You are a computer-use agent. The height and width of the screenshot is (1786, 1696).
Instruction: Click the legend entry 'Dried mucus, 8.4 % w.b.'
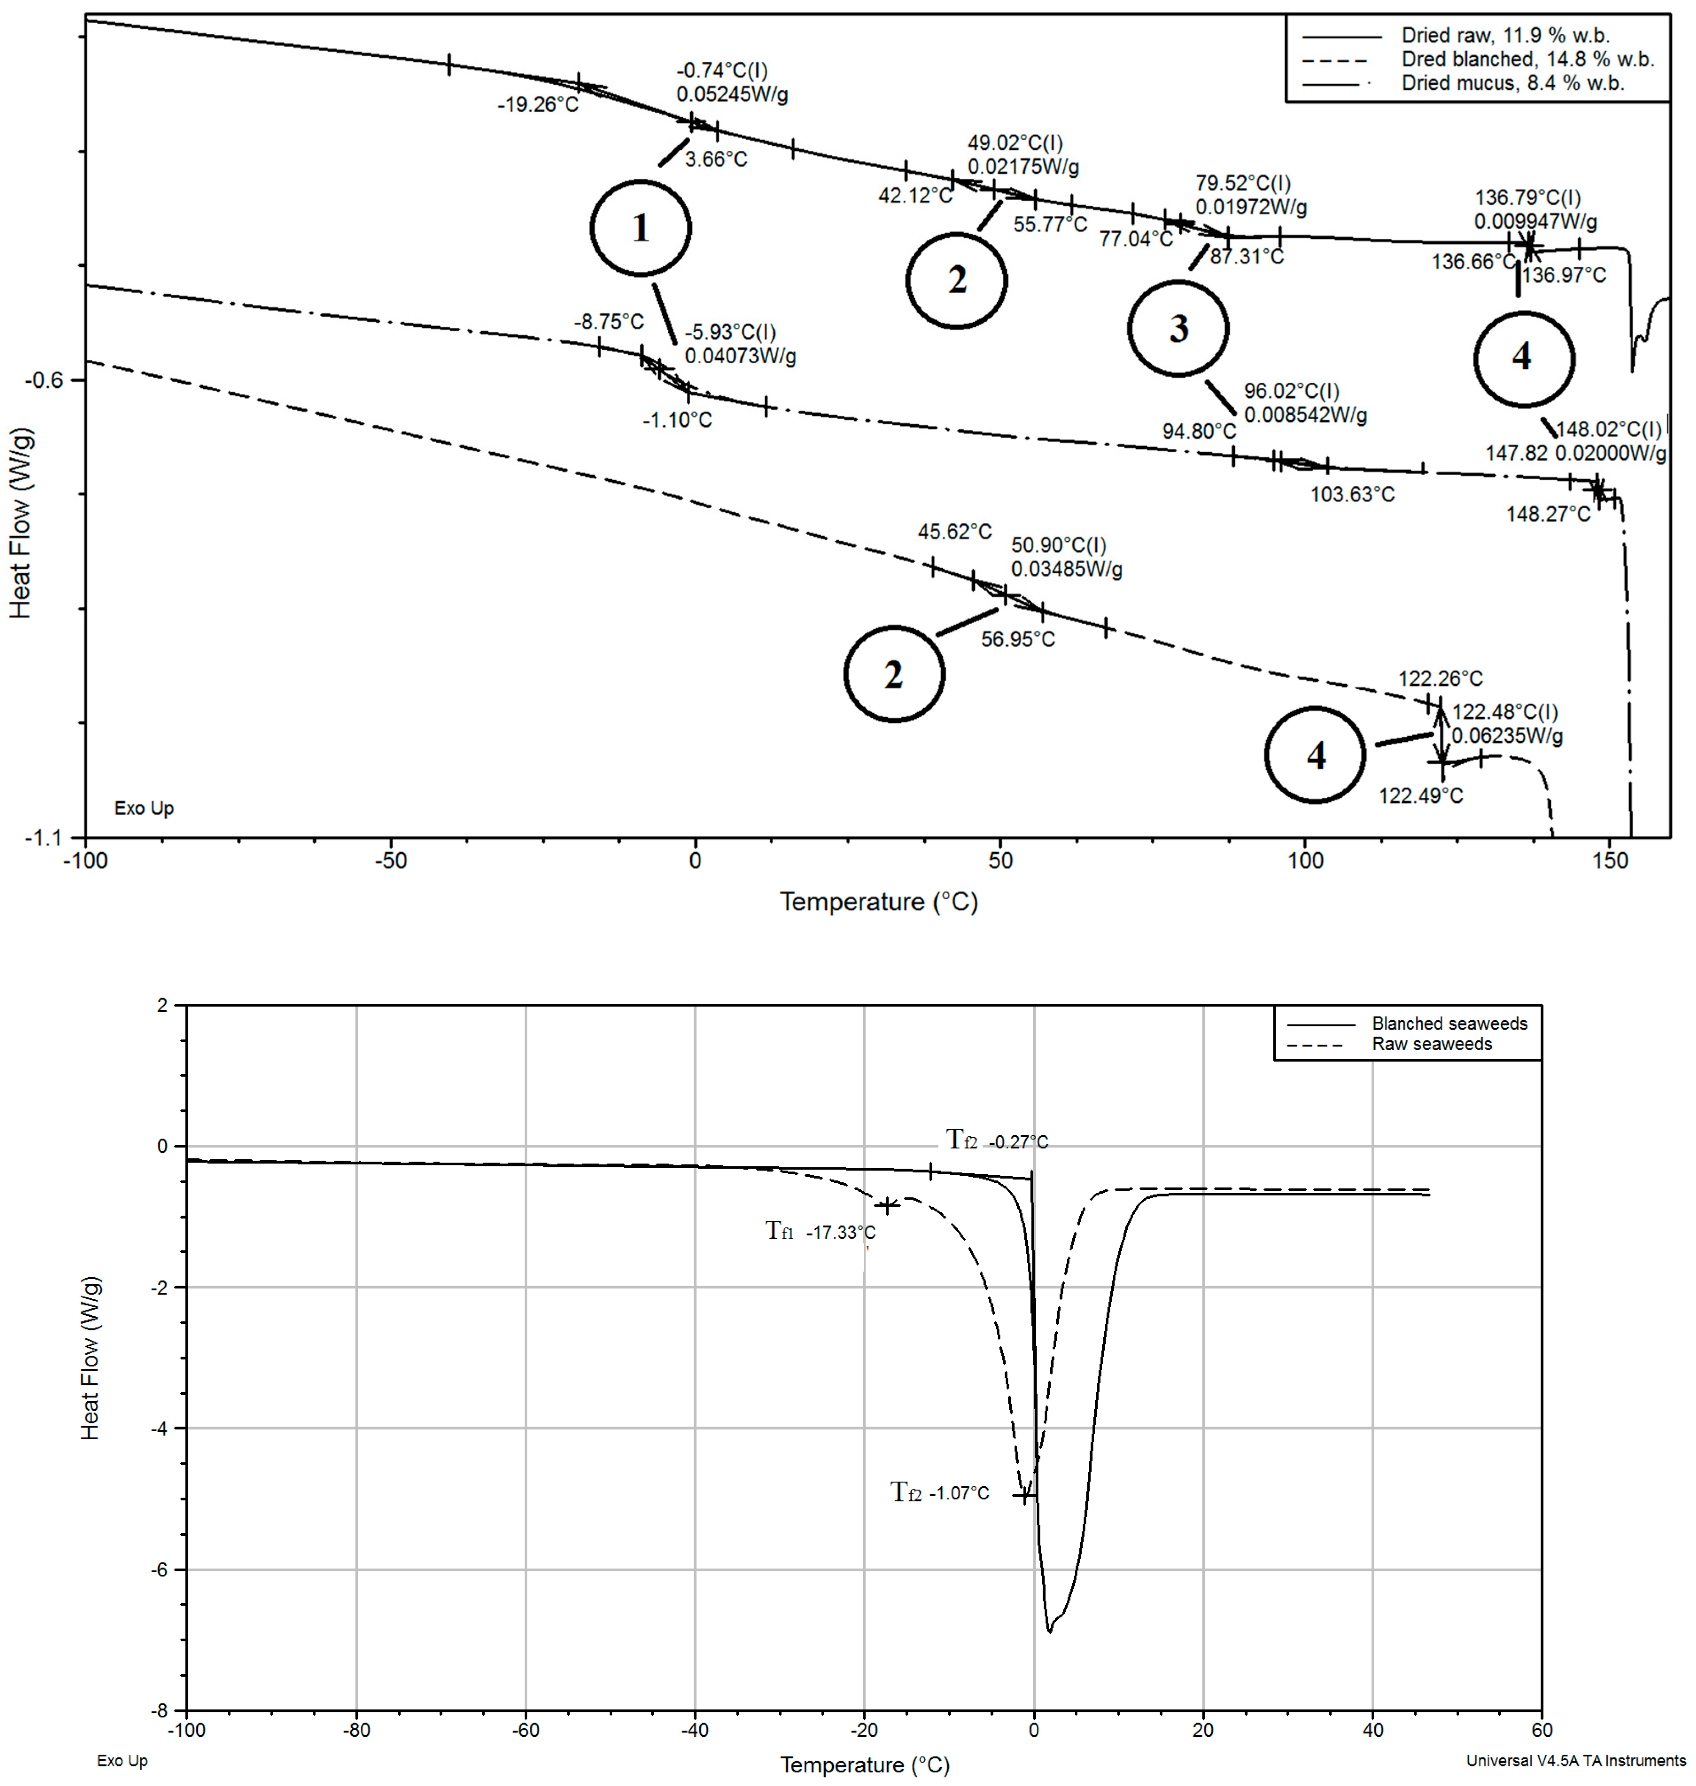(1513, 84)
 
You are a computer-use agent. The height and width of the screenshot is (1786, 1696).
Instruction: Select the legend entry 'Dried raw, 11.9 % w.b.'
(1505, 36)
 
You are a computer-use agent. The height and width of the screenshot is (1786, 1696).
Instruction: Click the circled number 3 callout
(1178, 328)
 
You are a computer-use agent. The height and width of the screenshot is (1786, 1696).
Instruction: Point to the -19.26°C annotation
(538, 105)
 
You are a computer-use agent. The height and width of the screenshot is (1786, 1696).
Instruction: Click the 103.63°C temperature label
(1353, 495)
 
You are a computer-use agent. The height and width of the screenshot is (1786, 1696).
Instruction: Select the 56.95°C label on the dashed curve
(1018, 639)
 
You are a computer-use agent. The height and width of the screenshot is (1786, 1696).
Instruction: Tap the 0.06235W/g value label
(1507, 736)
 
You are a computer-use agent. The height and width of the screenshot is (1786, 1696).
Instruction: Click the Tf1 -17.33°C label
(821, 1232)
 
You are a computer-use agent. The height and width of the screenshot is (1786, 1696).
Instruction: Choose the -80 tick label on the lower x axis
(356, 1730)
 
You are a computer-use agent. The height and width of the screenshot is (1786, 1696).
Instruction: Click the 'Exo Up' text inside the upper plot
(144, 808)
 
